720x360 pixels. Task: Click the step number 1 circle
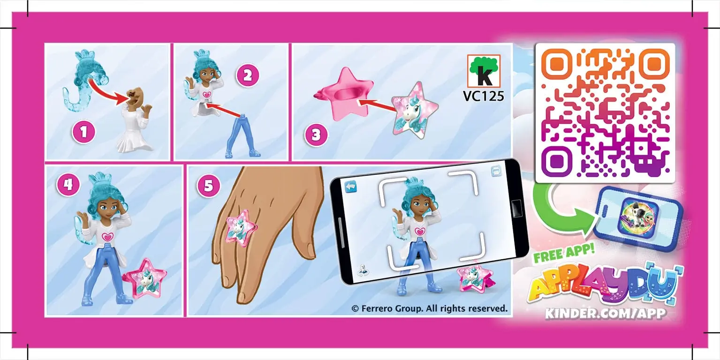[x=83, y=133]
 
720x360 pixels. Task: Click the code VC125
[x=483, y=96]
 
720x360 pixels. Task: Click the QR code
[x=605, y=113]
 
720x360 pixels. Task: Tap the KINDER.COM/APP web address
[x=605, y=314]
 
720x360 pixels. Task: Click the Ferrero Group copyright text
[x=429, y=308]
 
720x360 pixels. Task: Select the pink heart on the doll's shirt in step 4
[x=108, y=237]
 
